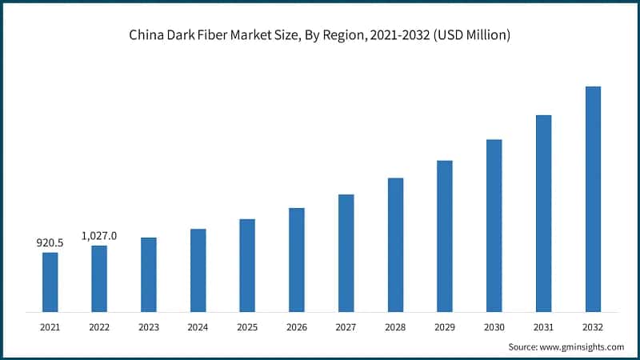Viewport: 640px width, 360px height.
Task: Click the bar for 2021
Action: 50,282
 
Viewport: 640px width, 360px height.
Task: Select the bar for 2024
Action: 198,270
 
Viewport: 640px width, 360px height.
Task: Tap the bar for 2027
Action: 346,252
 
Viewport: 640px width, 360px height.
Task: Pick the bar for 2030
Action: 494,225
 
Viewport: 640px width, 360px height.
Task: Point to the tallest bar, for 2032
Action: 593,198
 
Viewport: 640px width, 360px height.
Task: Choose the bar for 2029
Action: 444,235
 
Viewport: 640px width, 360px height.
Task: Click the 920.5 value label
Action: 50,242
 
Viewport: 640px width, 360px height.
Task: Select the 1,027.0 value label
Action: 99,235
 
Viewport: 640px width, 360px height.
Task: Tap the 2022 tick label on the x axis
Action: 99,327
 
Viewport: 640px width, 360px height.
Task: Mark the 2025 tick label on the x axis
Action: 247,327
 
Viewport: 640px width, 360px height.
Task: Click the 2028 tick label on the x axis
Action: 395,327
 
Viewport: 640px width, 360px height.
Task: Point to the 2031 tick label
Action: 543,327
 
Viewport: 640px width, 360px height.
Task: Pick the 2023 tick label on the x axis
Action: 149,327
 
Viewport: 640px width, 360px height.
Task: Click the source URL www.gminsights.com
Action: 582,346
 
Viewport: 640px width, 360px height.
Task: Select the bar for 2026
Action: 296,259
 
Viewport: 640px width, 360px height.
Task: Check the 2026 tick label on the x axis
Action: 296,327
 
